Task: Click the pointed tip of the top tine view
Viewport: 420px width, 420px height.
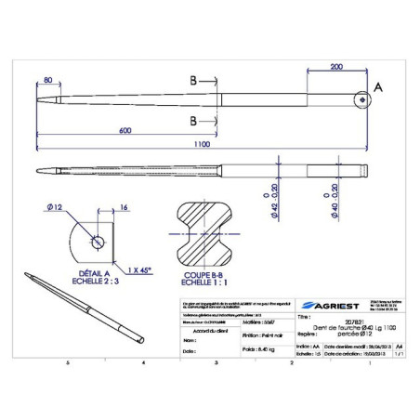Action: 35,100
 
